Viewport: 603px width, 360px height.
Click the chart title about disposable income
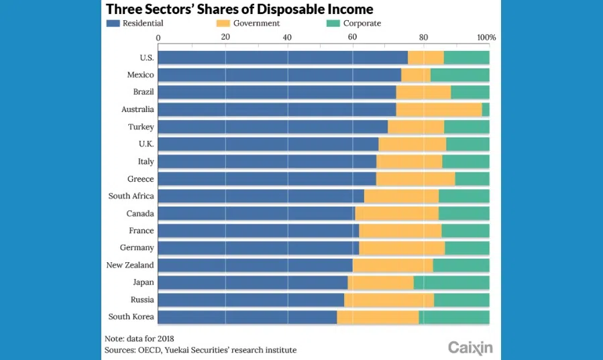(x=239, y=9)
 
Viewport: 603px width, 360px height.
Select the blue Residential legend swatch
(x=113, y=23)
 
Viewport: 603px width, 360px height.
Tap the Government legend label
(x=256, y=23)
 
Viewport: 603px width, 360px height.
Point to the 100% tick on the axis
(x=486, y=38)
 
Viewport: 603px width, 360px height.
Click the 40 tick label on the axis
(x=287, y=38)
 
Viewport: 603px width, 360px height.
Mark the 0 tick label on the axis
(x=158, y=38)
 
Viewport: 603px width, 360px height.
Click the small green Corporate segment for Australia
(x=486, y=109)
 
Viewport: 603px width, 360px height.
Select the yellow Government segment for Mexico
(x=416, y=74)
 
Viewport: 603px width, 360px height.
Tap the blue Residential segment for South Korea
(x=247, y=316)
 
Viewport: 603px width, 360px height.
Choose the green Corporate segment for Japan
(x=451, y=282)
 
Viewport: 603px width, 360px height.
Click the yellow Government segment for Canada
(x=396, y=213)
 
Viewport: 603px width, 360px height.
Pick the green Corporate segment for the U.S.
(x=466, y=58)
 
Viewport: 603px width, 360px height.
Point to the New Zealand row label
(x=130, y=265)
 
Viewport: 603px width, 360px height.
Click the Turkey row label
(x=141, y=127)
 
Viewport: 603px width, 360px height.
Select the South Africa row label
(x=131, y=196)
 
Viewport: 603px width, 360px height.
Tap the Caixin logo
(x=470, y=347)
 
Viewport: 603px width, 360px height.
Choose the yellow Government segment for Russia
(x=389, y=300)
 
